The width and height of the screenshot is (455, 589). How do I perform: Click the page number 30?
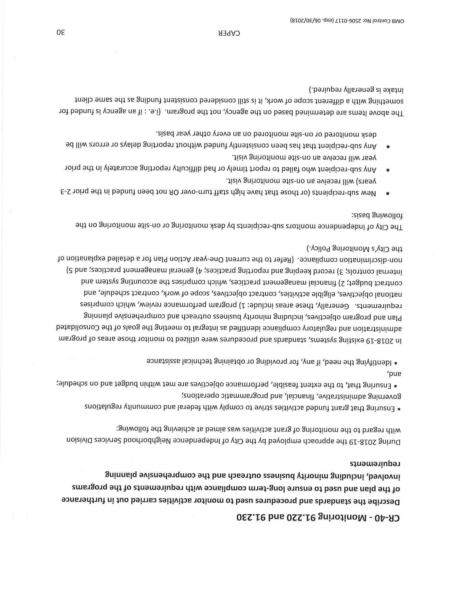pyautogui.click(x=61, y=33)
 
